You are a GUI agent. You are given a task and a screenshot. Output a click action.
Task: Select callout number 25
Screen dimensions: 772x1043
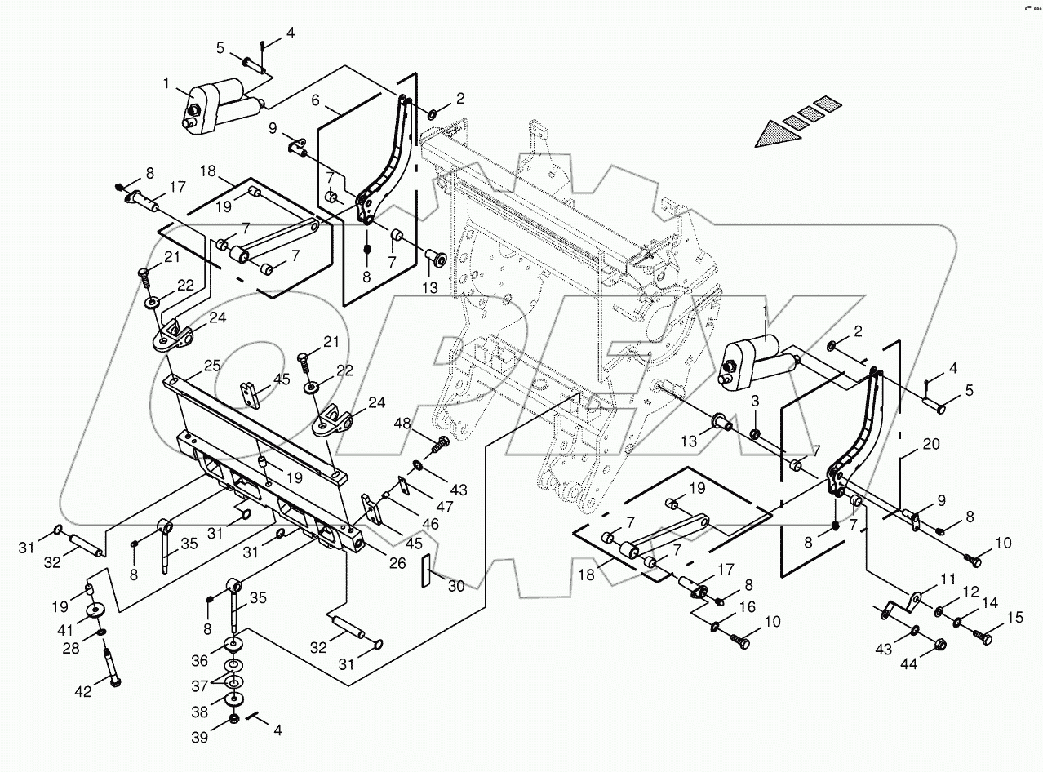[211, 367]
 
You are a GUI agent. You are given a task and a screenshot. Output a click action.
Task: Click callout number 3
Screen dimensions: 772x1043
[755, 402]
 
